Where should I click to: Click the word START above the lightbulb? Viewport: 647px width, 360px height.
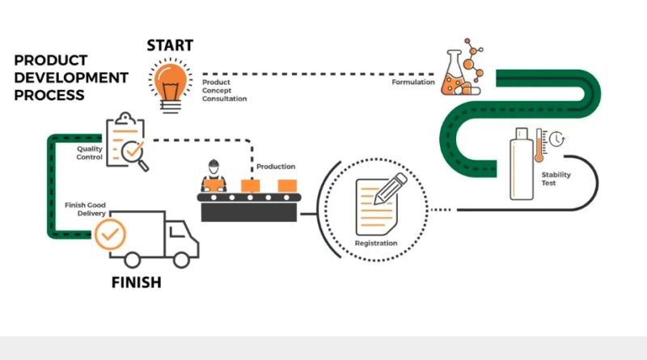pyautogui.click(x=170, y=46)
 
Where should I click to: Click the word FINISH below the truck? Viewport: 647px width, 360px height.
pyautogui.click(x=135, y=282)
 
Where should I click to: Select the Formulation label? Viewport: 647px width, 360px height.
pyautogui.click(x=413, y=82)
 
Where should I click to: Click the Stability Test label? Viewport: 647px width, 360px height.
pyautogui.click(x=555, y=178)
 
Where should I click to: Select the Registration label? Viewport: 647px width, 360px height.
pyautogui.click(x=376, y=243)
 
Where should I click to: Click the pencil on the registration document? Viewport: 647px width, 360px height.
pyautogui.click(x=390, y=188)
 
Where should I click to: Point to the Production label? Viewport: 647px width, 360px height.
pyautogui.click(x=276, y=167)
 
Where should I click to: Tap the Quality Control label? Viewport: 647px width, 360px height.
pyautogui.click(x=90, y=153)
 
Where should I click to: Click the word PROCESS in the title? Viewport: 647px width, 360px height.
pyautogui.click(x=49, y=95)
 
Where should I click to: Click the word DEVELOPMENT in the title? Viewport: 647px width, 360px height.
pyautogui.click(x=71, y=78)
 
